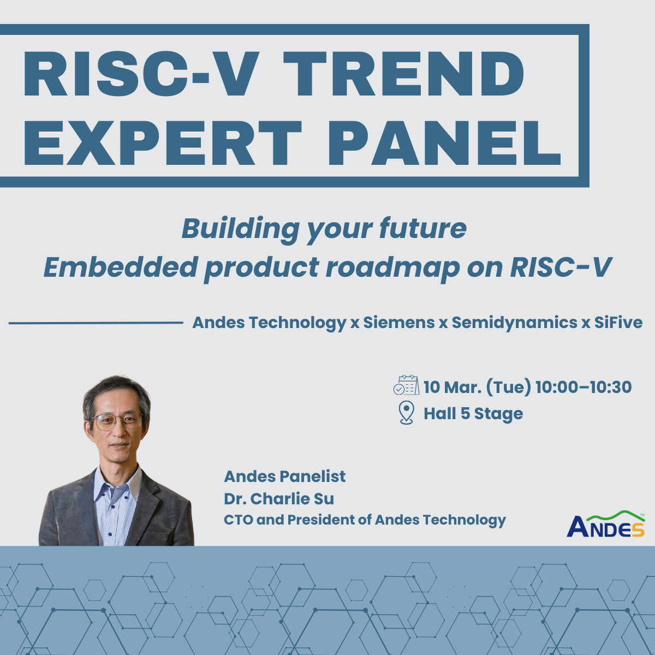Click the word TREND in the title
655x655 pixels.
coord(404,74)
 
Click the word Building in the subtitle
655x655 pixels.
coord(240,228)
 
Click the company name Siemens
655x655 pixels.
coord(399,323)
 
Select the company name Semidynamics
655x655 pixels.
coord(514,323)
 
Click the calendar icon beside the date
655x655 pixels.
coord(406,385)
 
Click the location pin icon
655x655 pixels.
coord(407,412)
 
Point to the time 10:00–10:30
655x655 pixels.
coord(583,387)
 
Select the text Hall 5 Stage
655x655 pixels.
coord(473,414)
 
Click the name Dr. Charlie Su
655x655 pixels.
coord(279,498)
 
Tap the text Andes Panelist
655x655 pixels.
coord(284,477)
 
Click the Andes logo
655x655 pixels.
coord(606,525)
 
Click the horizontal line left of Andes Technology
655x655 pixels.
coord(96,323)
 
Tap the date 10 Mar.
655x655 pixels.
coord(452,387)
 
